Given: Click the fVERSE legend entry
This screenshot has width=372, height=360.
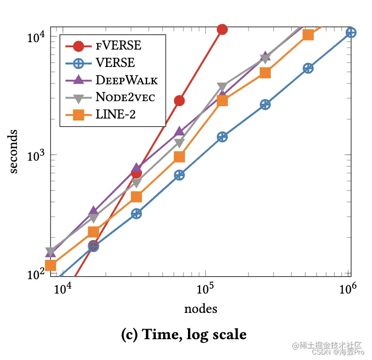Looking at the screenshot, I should [119, 46].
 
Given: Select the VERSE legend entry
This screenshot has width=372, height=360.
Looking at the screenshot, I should [115, 62].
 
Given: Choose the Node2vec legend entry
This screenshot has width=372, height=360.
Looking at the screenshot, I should [125, 97].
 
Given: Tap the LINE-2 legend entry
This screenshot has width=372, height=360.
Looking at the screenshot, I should [116, 115].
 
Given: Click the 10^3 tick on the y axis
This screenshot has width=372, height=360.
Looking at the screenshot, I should [36, 156].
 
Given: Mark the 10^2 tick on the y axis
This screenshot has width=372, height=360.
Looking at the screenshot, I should [36, 275].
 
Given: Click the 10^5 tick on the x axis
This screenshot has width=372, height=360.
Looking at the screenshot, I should [205, 289].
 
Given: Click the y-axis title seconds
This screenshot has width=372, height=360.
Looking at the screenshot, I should [15, 150].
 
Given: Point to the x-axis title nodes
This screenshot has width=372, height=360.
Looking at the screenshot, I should [200, 308].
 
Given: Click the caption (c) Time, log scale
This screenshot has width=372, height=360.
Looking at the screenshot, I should [184, 335].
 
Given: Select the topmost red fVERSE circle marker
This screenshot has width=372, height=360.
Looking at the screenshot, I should [222, 30].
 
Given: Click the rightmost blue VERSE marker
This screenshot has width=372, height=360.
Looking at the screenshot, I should [351, 32].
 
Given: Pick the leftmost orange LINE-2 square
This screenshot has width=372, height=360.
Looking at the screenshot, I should [50, 265].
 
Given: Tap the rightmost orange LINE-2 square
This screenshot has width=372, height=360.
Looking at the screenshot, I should [308, 34].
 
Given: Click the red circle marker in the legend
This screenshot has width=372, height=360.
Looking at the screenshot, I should [78, 46].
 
